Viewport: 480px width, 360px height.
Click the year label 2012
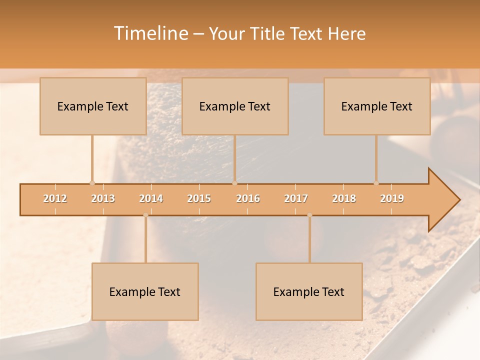coord(55,198)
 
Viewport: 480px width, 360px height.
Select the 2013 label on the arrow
coord(103,198)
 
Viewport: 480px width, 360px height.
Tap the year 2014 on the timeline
coord(151,198)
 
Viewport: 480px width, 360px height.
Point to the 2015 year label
coord(199,198)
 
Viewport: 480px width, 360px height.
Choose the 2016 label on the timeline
coord(248,198)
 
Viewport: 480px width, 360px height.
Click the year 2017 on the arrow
coord(296,198)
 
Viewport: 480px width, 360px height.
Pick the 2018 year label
coord(344,198)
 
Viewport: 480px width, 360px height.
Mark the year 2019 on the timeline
coord(392,198)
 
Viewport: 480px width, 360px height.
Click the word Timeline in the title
coord(150,33)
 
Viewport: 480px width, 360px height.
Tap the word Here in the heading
coord(347,33)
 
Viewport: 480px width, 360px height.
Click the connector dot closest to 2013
coord(92,183)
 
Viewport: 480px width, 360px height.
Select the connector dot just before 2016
coord(234,183)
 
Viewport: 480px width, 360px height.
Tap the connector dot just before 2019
coord(376,183)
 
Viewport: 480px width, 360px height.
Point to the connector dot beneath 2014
coord(145,215)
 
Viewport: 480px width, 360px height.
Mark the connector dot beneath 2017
coord(309,215)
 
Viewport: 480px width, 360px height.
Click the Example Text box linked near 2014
coord(145,291)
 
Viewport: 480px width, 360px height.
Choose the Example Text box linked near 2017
coord(309,291)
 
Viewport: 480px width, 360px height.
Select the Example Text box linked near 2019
coord(377,106)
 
